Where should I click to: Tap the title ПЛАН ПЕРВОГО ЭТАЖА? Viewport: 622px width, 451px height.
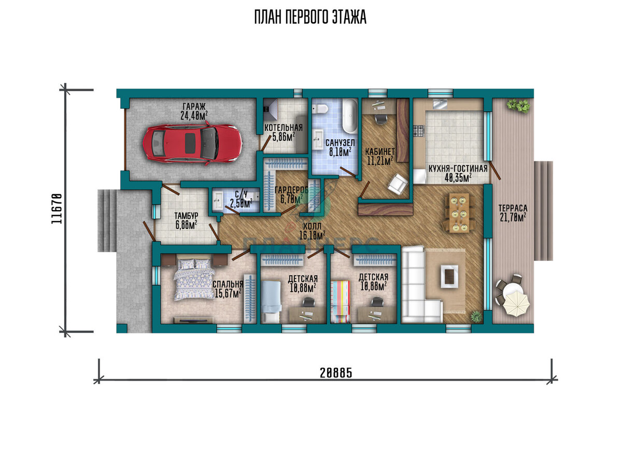(310, 17)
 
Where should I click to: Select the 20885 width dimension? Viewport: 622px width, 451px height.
(336, 373)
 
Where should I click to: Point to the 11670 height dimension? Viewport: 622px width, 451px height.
(56, 208)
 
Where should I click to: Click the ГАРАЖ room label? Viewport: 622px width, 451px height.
(194, 107)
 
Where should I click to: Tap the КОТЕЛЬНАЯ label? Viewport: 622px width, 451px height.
(283, 128)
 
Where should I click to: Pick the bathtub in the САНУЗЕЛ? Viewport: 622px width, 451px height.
(349, 117)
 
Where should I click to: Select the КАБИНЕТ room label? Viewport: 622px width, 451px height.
(379, 152)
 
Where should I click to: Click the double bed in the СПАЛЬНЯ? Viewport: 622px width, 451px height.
(194, 280)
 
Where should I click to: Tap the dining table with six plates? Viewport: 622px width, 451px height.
(459, 213)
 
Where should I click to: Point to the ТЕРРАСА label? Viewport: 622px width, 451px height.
(513, 208)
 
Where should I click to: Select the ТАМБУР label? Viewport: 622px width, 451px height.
(186, 216)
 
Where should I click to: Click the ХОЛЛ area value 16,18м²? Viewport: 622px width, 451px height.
(312, 236)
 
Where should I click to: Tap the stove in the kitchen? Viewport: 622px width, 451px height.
(419, 130)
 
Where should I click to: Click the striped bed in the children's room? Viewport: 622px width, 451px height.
(341, 302)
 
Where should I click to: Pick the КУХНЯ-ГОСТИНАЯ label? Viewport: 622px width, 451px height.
(458, 169)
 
